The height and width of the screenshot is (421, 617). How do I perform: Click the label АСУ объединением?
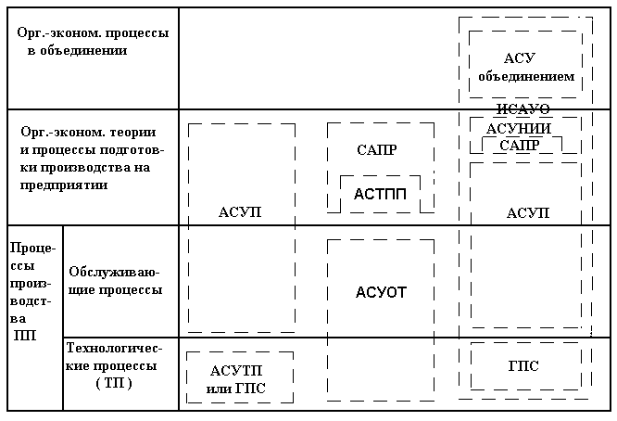coord(526,67)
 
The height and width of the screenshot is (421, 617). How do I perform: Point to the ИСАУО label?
coord(523,108)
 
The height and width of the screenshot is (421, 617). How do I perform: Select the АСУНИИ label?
coord(519,129)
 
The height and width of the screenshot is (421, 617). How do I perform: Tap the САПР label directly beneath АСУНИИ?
coord(520,146)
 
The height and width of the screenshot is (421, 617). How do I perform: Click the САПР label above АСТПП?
coord(377,150)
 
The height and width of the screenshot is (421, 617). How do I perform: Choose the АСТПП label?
coord(380,194)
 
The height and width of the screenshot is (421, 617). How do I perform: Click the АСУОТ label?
coord(381,293)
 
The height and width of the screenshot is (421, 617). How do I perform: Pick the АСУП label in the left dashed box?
coord(240,211)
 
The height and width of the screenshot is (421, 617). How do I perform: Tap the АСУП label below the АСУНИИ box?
coord(528,213)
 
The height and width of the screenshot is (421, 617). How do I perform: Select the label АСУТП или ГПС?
coord(236,379)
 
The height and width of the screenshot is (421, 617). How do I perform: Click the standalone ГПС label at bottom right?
coord(523,366)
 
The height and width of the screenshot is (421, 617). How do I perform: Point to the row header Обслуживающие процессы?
coord(115,281)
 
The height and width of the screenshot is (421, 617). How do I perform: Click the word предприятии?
coord(64,185)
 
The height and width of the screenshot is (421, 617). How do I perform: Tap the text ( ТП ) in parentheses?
coord(114,383)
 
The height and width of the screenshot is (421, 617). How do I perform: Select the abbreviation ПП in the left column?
coord(25,336)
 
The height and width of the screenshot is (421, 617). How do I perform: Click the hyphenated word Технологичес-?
coord(114,348)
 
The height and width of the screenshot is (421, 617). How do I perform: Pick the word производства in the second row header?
coord(85,168)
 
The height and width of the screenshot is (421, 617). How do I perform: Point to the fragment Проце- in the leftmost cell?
coord(33,249)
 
